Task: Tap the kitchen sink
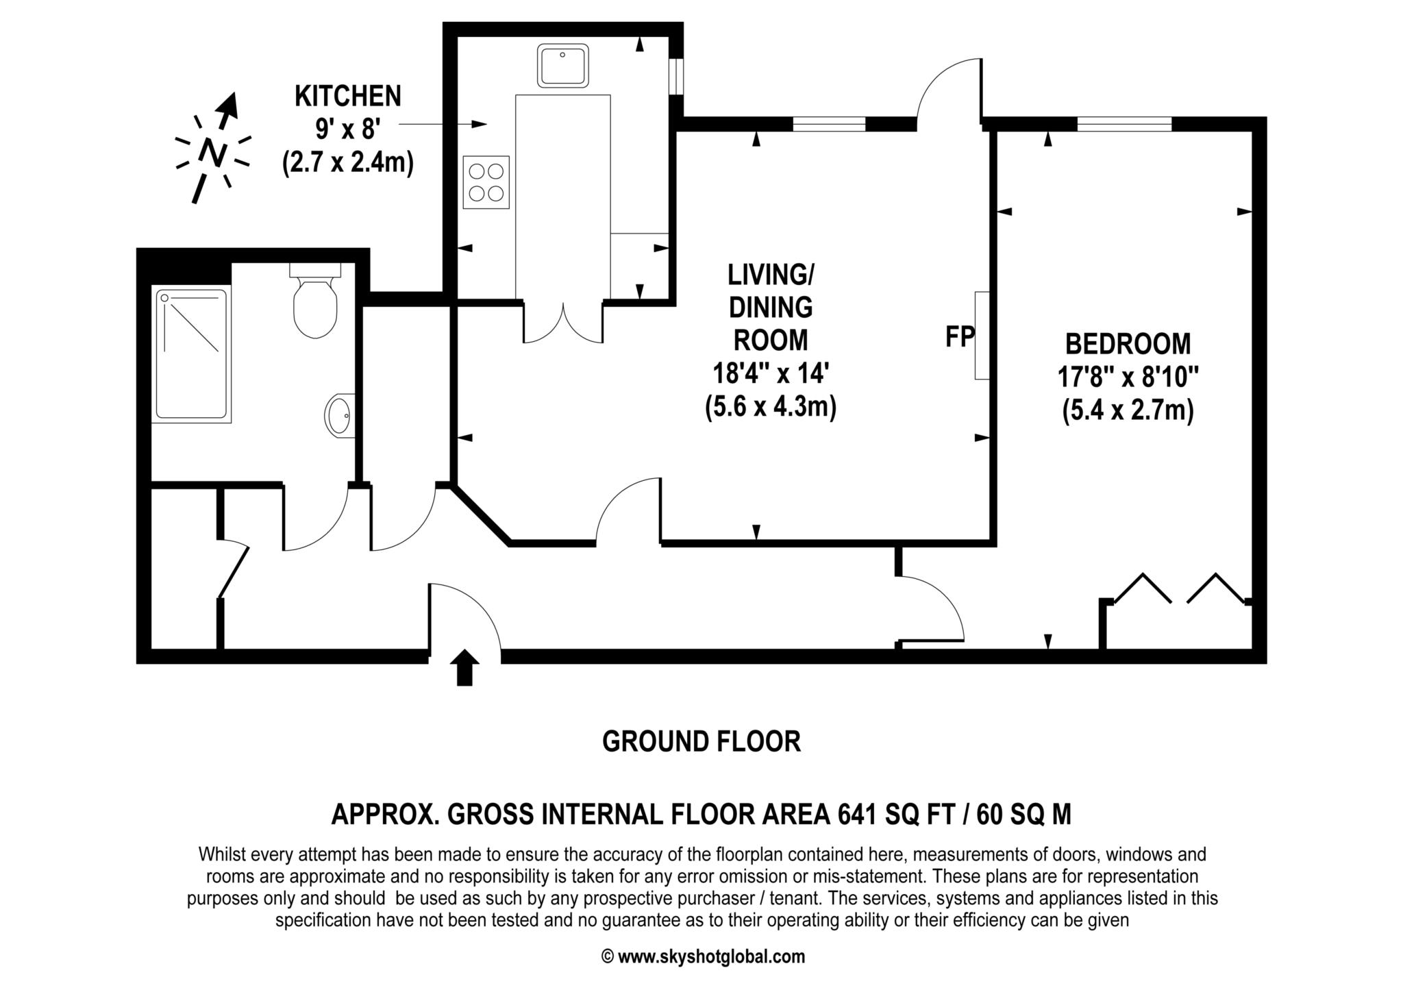563,65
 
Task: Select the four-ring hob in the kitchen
486,182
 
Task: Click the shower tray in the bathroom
192,354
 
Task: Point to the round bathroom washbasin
339,414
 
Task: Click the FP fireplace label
960,336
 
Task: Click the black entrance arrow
465,667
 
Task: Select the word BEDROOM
1128,343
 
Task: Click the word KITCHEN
348,96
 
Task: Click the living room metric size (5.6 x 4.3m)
771,408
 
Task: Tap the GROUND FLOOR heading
701,741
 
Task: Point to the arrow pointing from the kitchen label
443,124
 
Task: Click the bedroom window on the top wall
1124,124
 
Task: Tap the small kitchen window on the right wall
676,76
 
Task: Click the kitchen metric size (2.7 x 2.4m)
348,164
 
